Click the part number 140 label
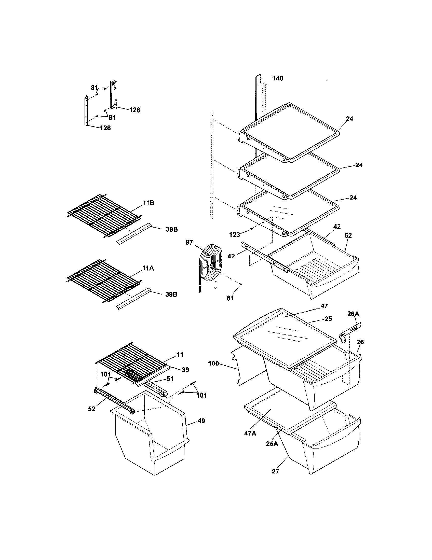(278, 78)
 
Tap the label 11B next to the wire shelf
(148, 203)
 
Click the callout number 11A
(148, 269)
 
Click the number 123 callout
(235, 234)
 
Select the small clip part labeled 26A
(350, 332)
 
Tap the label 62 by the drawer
(348, 235)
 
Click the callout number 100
(213, 363)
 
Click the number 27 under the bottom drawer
(275, 471)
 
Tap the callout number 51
(170, 379)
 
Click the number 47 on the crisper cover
(324, 306)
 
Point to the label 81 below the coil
(230, 298)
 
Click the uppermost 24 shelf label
(349, 119)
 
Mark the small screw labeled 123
(251, 229)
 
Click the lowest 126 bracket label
(105, 128)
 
